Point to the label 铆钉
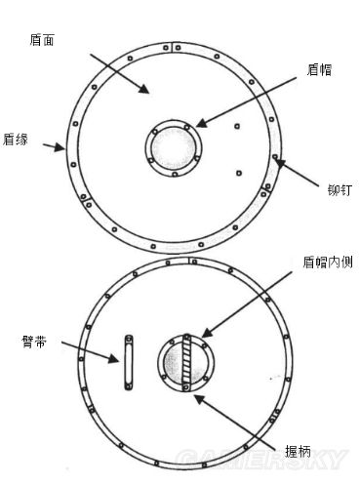[338, 192]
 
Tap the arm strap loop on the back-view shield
[127, 361]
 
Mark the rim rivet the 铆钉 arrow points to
[276, 157]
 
